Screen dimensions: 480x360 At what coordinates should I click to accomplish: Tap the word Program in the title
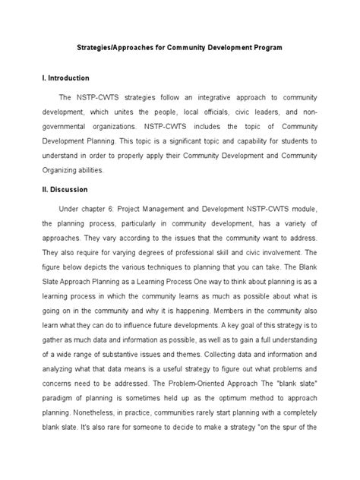267,47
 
